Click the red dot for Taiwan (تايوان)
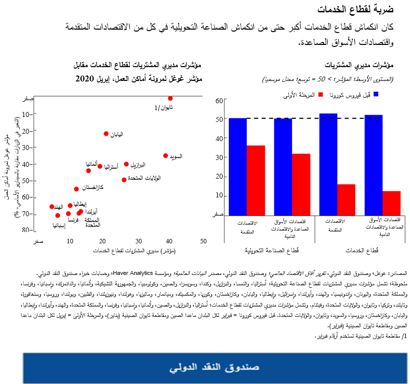coord(170,98)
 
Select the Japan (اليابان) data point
coord(106,134)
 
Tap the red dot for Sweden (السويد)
coord(166,155)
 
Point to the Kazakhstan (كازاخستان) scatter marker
coord(76,189)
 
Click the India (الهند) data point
coord(52,207)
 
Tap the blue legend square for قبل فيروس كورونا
coord(376,94)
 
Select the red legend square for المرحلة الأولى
coord(320,94)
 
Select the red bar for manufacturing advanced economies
coord(256,180)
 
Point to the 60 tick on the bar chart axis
coord(220,101)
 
